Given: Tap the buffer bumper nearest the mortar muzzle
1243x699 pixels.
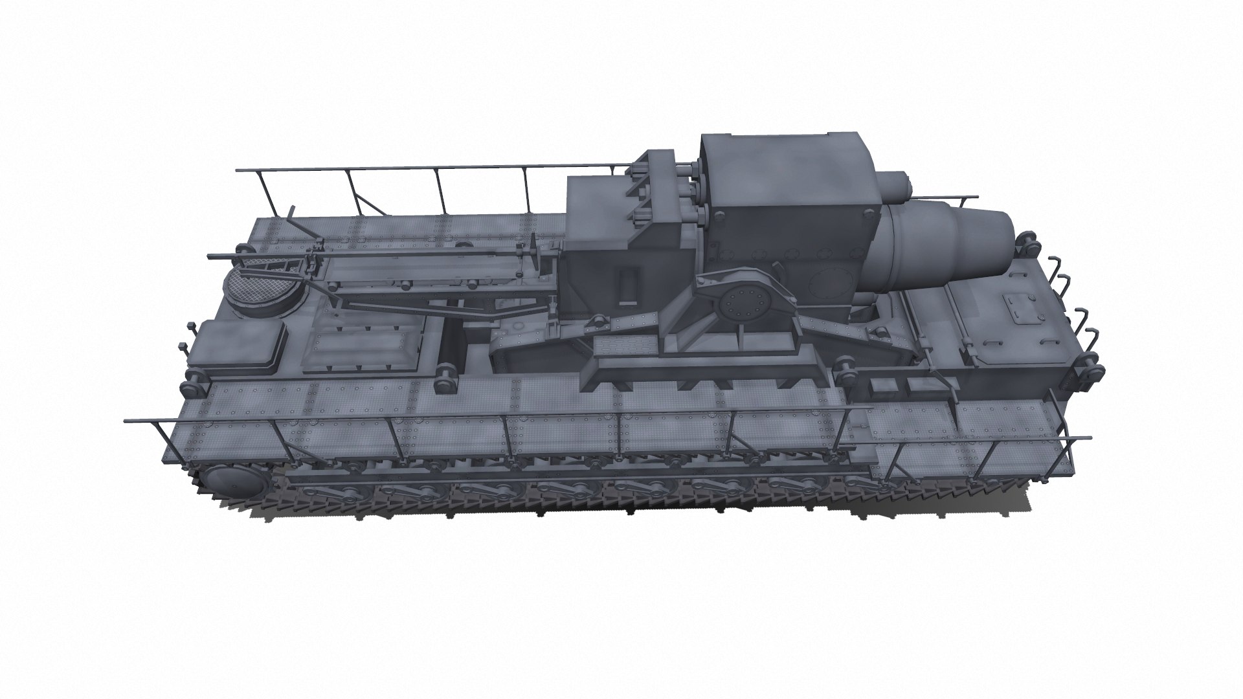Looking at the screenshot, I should point(1027,243).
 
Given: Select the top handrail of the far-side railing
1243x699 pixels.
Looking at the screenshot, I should point(421,169).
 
